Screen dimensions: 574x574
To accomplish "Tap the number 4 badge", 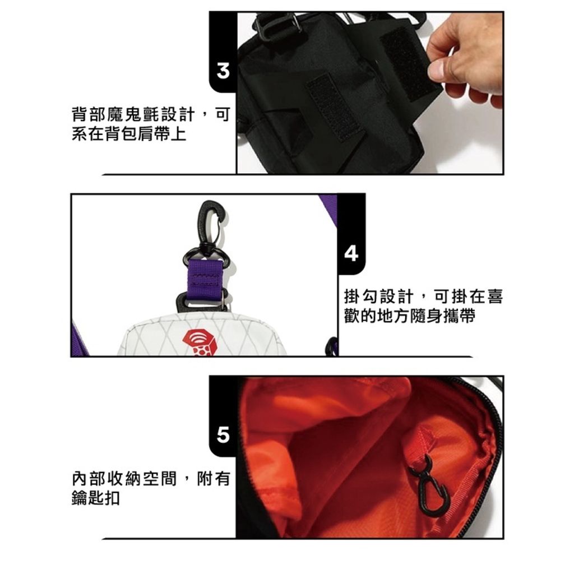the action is [x=351, y=253].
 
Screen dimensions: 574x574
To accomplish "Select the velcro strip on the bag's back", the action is [x=332, y=106].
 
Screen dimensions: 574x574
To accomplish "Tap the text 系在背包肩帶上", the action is [x=129, y=133].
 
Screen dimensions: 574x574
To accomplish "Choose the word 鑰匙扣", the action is [x=96, y=498].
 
